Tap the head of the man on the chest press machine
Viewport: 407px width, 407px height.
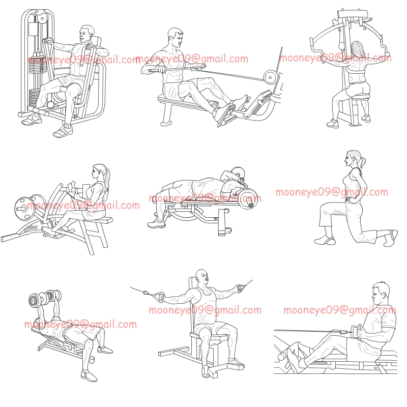click(x=87, y=35)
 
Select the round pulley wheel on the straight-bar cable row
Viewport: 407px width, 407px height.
click(x=269, y=77)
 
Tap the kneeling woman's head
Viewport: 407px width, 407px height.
click(x=353, y=158)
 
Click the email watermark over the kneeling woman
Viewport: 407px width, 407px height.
click(x=331, y=192)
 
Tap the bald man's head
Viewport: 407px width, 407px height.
click(x=202, y=277)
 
